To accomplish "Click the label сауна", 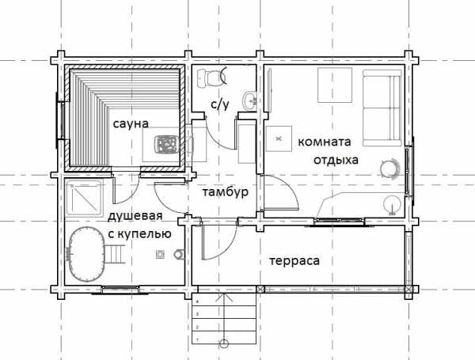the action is point(131,123).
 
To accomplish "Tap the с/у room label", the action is point(220,104).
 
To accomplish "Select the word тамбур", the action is point(226,191).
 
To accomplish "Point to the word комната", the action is point(324,142).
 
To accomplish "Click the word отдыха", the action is point(336,160).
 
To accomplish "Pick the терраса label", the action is point(294,261).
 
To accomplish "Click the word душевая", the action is point(135,217).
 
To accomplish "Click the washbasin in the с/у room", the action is point(249,100).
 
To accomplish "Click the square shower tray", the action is point(84,198).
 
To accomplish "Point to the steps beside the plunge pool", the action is point(115,254).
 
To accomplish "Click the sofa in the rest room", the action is point(382,108).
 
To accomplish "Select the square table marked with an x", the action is point(279,138).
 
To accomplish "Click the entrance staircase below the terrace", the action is point(224,319).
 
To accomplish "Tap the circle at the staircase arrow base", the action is point(224,343).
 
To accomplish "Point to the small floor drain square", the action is point(160,255).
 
